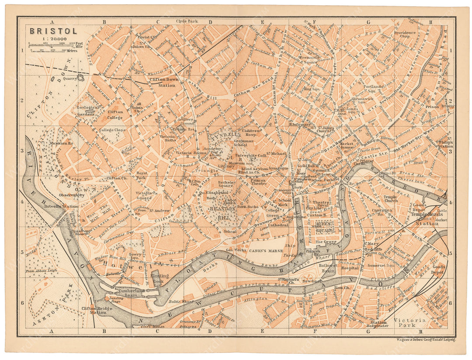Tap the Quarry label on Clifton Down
tap(69, 80)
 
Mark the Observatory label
tap(73, 195)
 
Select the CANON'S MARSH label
tap(264, 252)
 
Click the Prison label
tap(430, 106)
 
